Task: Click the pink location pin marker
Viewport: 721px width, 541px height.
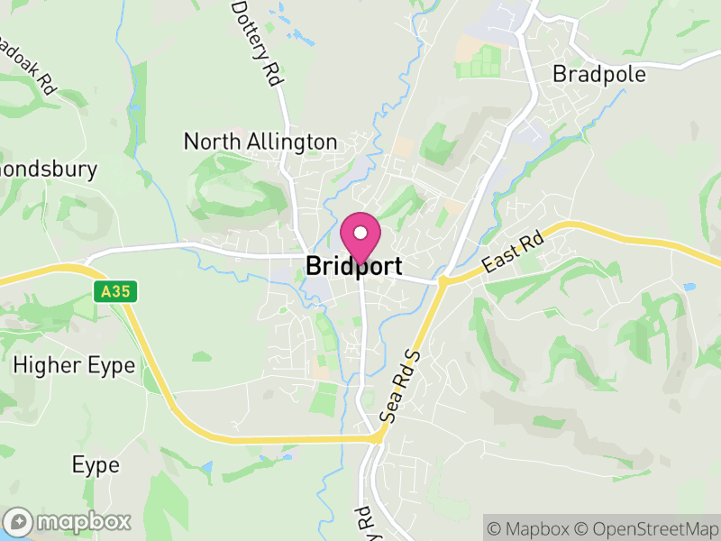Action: tap(360, 238)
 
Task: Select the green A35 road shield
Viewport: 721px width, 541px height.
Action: tap(107, 291)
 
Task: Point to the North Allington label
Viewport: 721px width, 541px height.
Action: tap(260, 142)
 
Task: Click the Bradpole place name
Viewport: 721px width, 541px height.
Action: tap(599, 74)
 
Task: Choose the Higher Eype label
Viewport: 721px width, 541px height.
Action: tap(74, 365)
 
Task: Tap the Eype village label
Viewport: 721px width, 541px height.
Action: tap(96, 465)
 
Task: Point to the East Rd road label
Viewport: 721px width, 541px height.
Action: tap(514, 252)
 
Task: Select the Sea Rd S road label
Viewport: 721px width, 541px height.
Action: tap(402, 386)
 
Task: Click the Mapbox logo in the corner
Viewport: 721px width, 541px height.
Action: tap(68, 521)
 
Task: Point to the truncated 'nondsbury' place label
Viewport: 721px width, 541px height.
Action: tap(49, 169)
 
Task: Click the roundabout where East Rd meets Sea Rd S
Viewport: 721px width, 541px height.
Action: tap(443, 282)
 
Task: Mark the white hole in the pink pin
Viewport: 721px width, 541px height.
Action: tap(360, 233)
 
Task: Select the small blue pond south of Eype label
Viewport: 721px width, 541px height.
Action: tap(208, 469)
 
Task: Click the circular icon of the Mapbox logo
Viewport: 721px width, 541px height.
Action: tap(19, 521)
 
